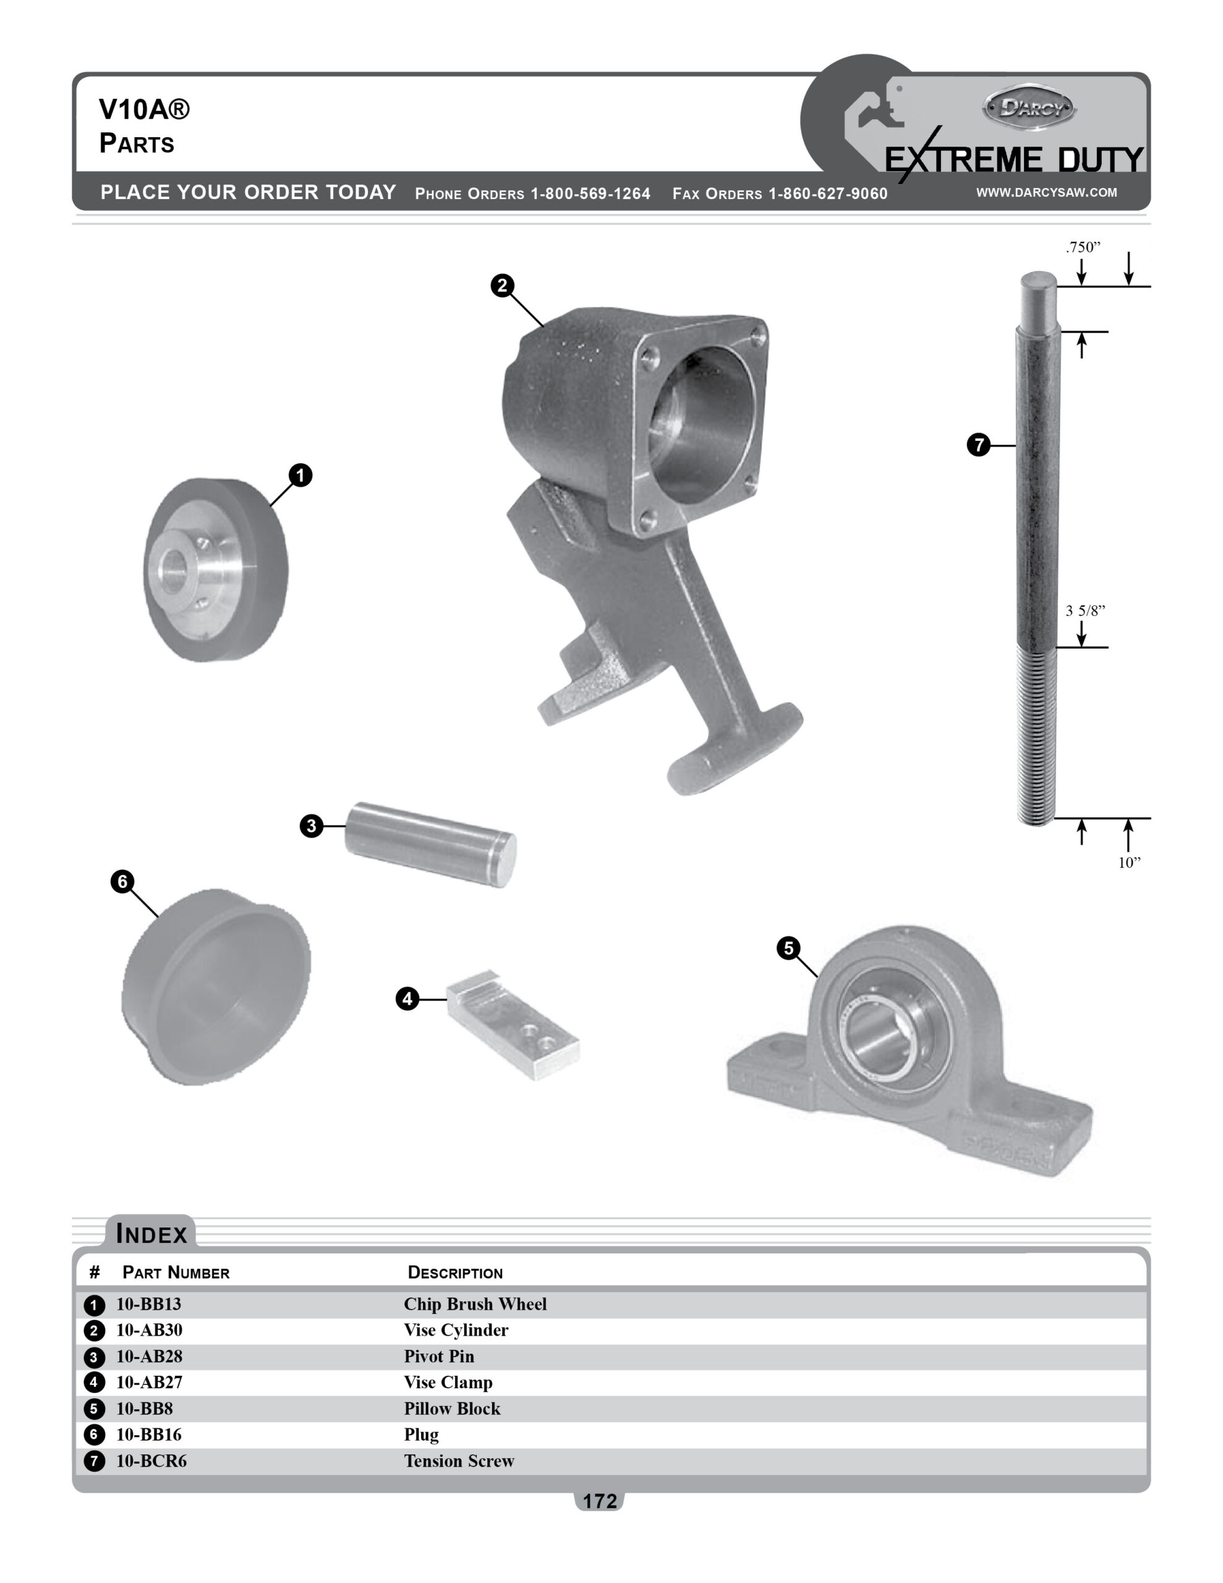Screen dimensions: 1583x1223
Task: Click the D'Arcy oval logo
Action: pos(1029,109)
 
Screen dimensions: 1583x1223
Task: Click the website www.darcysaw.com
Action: pos(1046,192)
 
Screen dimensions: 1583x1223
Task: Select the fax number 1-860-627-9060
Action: pos(827,194)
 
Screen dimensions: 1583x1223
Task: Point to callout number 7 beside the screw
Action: pos(979,445)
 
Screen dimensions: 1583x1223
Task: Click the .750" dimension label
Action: pos(1083,247)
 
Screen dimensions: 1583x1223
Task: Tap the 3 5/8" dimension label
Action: pos(1085,610)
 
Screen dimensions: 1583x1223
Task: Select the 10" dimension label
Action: pos(1129,863)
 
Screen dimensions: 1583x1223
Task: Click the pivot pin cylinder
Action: pos(430,843)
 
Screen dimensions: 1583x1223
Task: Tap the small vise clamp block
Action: pos(513,1025)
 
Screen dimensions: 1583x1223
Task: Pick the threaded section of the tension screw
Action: pos(1036,736)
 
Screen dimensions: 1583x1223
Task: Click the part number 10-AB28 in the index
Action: pos(150,1356)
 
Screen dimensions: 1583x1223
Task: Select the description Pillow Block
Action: pos(451,1409)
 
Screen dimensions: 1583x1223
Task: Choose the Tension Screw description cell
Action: pos(459,1461)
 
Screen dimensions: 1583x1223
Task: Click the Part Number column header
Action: pos(176,1273)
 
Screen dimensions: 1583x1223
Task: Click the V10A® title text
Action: pos(144,110)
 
